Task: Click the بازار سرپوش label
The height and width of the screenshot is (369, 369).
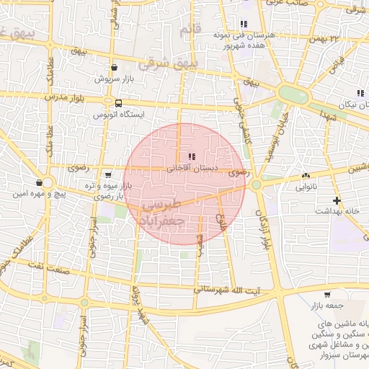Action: point(115,77)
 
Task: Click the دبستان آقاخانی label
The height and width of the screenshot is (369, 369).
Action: point(192,168)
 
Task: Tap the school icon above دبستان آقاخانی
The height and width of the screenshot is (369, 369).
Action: point(190,156)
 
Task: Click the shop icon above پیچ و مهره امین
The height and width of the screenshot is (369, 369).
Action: point(38,182)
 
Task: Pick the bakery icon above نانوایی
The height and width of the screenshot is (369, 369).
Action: point(306,175)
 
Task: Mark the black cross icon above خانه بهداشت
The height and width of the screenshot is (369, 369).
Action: point(337,200)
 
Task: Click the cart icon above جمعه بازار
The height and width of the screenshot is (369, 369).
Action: point(327,295)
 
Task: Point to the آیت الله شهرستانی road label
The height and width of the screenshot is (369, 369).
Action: point(231,288)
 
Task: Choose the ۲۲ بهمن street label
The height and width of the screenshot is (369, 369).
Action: point(342,36)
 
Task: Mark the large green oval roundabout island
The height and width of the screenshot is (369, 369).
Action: point(293,94)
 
